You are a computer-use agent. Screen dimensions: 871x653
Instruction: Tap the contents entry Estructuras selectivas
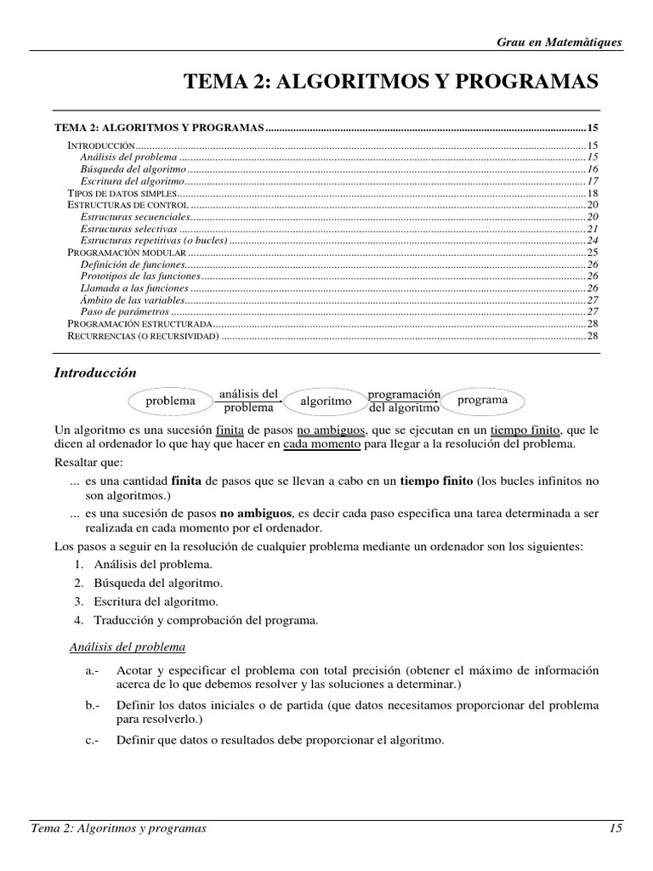(128, 229)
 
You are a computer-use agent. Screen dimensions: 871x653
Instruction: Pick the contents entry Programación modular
(127, 253)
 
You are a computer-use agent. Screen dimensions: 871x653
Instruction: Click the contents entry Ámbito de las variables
(132, 300)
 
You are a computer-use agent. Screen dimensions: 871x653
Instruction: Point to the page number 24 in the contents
(593, 241)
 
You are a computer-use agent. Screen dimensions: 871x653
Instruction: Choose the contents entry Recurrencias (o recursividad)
(144, 336)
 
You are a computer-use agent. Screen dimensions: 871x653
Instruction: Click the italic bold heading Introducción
(95, 373)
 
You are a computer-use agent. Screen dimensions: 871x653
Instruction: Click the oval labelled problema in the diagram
(170, 401)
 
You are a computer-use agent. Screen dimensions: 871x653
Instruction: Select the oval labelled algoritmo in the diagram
(326, 401)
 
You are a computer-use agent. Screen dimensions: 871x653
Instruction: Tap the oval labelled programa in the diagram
(482, 400)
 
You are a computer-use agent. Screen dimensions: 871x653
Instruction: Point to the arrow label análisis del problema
(248, 401)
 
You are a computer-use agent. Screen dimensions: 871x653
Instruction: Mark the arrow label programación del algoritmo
(404, 401)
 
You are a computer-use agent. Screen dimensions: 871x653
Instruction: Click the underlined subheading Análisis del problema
(127, 647)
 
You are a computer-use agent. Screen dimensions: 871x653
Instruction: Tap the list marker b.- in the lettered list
(93, 706)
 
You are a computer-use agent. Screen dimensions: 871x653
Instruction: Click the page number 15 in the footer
(616, 828)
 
